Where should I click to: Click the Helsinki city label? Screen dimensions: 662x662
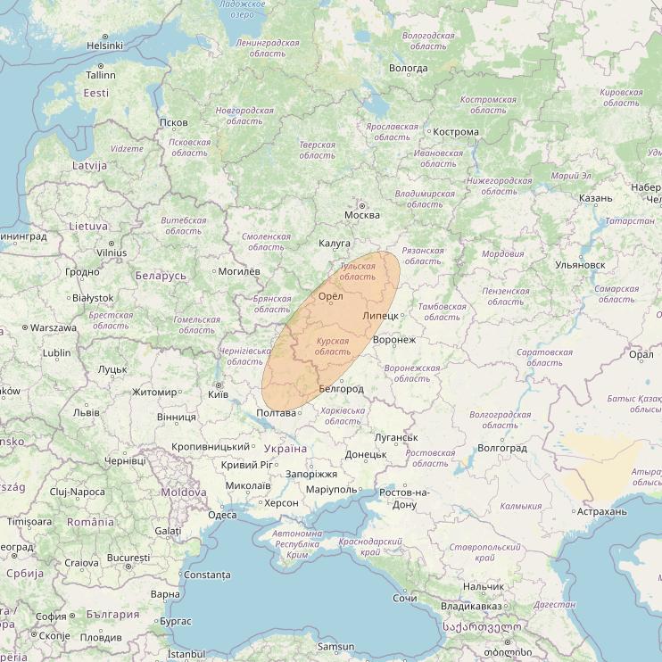click(104, 46)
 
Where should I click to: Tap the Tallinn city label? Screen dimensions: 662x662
click(101, 76)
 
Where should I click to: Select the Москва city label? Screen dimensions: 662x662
click(361, 215)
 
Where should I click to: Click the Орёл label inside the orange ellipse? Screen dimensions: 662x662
click(330, 296)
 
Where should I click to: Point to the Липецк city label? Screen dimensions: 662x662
click(380, 317)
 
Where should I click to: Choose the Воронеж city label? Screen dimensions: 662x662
click(394, 340)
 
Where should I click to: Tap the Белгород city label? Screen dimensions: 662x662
click(341, 389)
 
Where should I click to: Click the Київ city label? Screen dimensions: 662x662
click(218, 393)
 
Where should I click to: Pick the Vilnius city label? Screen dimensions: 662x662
click(112, 252)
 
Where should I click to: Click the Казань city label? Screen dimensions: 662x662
click(595, 198)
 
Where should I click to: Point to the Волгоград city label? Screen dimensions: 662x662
click(502, 448)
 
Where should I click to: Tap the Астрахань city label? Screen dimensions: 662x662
click(601, 511)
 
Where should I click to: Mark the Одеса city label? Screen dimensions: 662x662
click(222, 515)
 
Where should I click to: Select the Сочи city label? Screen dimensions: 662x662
click(404, 598)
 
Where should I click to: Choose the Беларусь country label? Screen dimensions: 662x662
click(161, 276)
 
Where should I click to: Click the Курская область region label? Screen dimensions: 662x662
click(333, 346)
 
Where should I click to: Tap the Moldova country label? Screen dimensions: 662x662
click(183, 492)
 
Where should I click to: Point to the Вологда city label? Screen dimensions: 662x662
click(408, 68)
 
